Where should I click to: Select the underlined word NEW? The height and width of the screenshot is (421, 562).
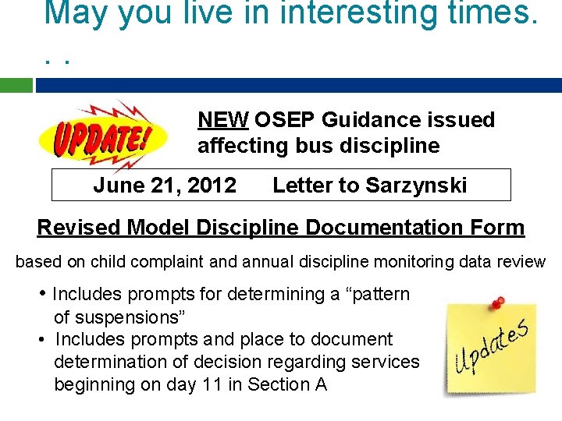click(223, 120)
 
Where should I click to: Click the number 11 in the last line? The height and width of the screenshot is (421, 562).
click(211, 384)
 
